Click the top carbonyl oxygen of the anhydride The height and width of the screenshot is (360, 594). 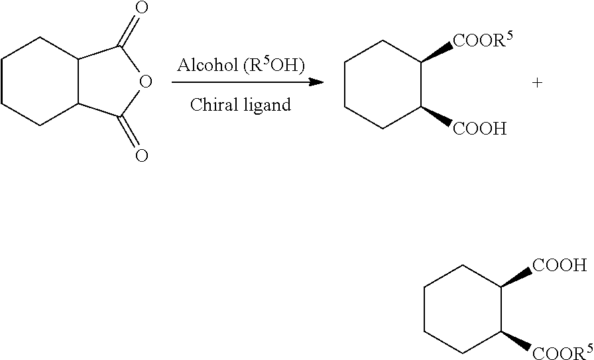(x=141, y=9)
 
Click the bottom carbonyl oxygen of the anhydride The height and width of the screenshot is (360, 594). (x=141, y=156)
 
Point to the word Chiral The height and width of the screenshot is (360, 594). (x=211, y=105)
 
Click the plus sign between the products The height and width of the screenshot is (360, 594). (x=537, y=83)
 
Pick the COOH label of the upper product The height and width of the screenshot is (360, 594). (x=479, y=128)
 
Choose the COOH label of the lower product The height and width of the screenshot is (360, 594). (x=560, y=267)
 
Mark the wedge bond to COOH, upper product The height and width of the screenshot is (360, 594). (x=437, y=116)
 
